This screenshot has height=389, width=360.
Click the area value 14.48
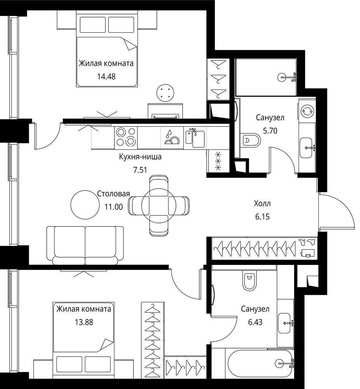(106, 76)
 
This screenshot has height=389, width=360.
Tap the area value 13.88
(84, 322)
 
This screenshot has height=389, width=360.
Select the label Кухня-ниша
(140, 157)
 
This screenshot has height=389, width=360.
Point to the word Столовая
(114, 193)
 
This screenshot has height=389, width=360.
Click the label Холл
(262, 203)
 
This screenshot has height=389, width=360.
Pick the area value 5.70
(270, 130)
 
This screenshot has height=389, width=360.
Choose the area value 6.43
(255, 322)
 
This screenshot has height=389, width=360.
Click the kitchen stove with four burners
(126, 137)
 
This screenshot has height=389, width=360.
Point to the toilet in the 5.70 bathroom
(250, 140)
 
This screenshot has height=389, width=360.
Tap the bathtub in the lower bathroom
(260, 363)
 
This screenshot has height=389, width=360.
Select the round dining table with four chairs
(159, 205)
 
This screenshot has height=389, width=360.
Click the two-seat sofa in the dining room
(85, 246)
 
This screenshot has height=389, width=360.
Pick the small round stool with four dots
(165, 93)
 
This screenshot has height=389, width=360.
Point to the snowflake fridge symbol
(218, 161)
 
